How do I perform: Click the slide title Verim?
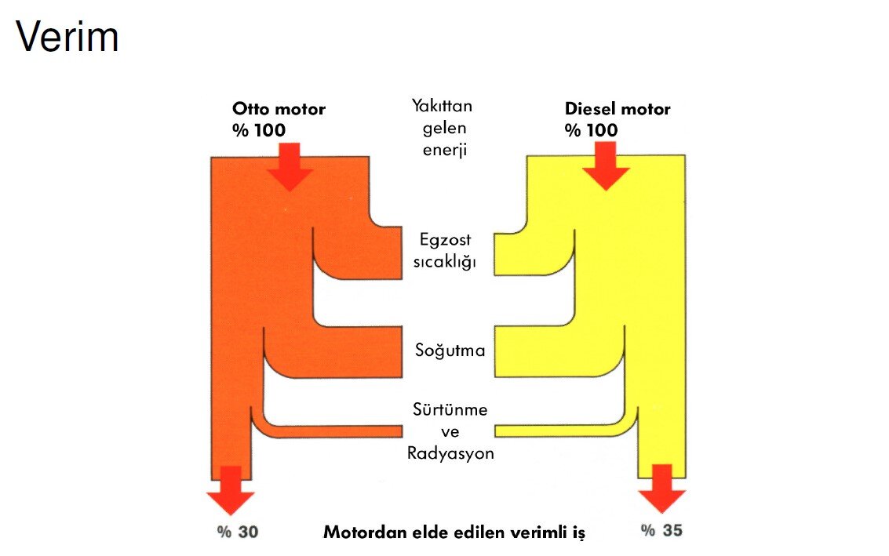click(67, 38)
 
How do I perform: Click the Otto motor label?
click(279, 109)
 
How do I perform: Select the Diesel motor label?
click(618, 109)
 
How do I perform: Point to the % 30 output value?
click(238, 532)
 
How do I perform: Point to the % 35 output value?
click(661, 530)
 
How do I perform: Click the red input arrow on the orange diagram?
click(290, 167)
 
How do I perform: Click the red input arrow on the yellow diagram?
click(606, 167)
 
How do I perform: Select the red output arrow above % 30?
click(231, 490)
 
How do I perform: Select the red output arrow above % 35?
click(662, 489)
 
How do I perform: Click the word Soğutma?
click(450, 351)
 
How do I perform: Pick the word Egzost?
click(446, 240)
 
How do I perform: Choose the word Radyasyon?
click(450, 453)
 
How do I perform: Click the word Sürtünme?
click(450, 410)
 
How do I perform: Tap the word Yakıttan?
click(442, 106)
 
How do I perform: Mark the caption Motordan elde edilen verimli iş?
click(454, 532)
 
